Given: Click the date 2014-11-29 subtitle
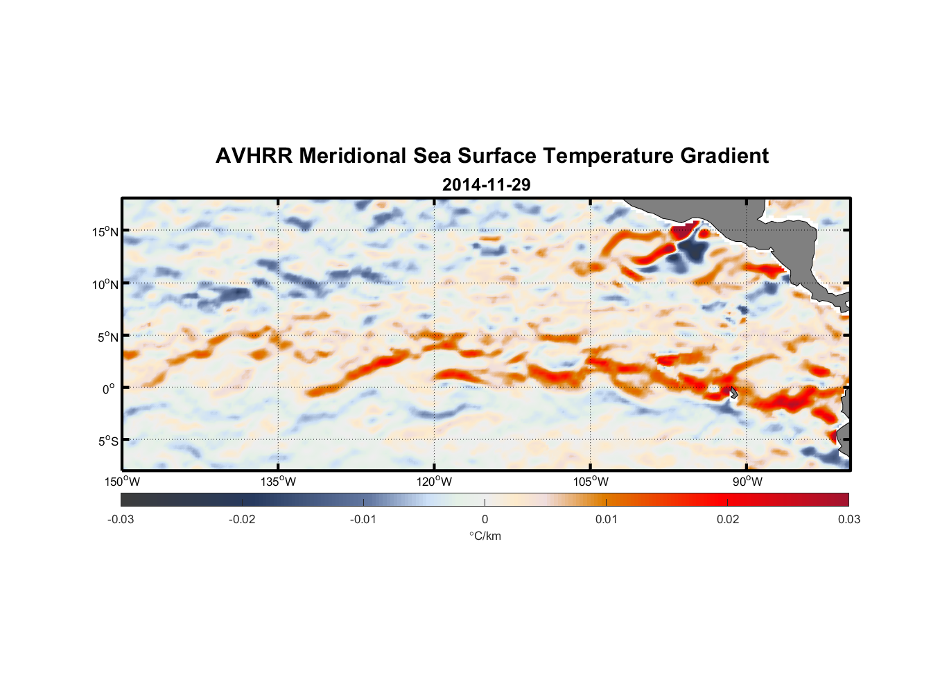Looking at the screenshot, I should [x=486, y=185].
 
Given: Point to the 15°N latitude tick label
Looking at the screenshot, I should [x=105, y=231].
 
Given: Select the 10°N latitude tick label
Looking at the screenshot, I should [x=105, y=284].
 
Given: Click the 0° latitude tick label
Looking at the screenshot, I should [x=109, y=389].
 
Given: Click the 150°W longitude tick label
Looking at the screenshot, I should [x=123, y=482].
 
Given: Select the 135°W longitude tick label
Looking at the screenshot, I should [x=279, y=482].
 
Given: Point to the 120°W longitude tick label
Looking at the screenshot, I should [x=435, y=482].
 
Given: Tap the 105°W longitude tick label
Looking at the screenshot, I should [x=591, y=482].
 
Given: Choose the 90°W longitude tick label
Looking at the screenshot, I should [x=747, y=482].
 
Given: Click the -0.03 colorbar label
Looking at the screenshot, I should [x=121, y=519].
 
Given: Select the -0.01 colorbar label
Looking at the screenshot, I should [x=363, y=519].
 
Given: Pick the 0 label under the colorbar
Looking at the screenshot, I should [x=485, y=519].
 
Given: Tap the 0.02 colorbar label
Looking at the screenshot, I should [x=728, y=519].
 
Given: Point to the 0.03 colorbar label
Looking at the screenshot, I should [x=848, y=519].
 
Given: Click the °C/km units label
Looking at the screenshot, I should [x=485, y=536].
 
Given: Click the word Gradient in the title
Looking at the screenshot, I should [x=724, y=156].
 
